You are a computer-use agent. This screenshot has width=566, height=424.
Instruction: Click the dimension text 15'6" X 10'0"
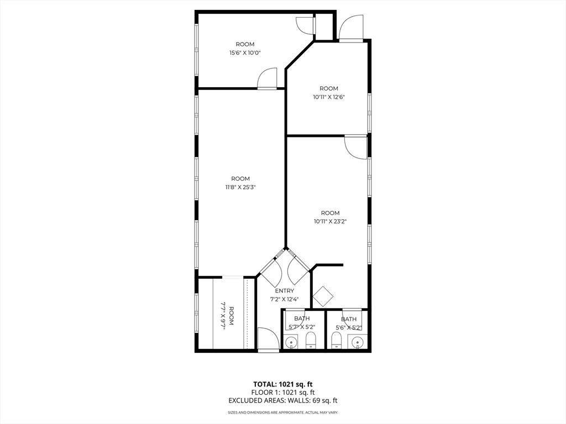tap(245, 53)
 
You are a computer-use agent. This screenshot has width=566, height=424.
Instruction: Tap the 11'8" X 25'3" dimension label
tap(240, 187)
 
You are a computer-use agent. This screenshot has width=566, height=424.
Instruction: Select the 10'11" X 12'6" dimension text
tap(329, 97)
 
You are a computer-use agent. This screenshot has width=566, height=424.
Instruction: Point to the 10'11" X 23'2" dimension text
tap(330, 221)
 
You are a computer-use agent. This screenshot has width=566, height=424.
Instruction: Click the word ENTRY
tap(285, 291)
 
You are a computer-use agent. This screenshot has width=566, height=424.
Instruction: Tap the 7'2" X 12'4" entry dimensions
tap(285, 299)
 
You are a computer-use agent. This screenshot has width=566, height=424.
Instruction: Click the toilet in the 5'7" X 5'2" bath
tap(311, 340)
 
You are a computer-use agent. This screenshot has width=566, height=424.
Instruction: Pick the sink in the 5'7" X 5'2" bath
tap(292, 343)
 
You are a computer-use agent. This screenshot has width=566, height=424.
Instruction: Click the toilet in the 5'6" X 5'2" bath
tap(336, 340)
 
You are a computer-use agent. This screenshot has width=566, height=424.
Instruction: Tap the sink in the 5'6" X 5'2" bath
tap(358, 343)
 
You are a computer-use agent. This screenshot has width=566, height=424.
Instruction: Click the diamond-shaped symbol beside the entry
tap(323, 296)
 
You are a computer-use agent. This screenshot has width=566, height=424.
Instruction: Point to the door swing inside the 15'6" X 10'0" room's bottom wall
tap(268, 78)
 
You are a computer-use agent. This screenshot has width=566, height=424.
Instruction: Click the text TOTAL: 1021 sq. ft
tap(283, 384)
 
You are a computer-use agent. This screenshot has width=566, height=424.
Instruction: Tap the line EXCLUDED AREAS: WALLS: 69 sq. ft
tap(283, 400)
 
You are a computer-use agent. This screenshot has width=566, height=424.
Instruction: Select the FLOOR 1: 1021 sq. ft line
tap(283, 392)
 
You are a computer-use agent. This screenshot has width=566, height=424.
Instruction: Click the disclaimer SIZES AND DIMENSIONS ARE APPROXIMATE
tap(283, 412)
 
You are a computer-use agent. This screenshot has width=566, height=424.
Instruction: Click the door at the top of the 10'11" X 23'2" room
tap(355, 146)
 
